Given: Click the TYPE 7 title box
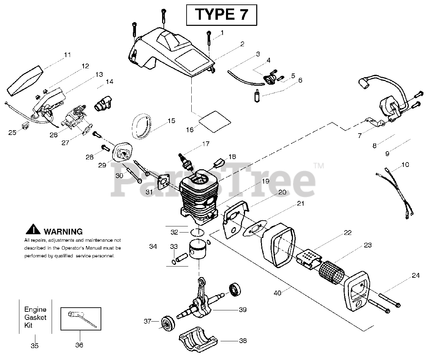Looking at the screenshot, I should pyautogui.click(x=221, y=15).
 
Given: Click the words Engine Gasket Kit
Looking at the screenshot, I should pyautogui.click(x=35, y=318).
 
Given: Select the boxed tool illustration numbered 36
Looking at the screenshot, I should pyautogui.click(x=81, y=319).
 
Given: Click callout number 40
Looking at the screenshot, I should pyautogui.click(x=278, y=293).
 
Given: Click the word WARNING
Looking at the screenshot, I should pyautogui.click(x=63, y=232).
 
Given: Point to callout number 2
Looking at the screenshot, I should pyautogui.click(x=242, y=44).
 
